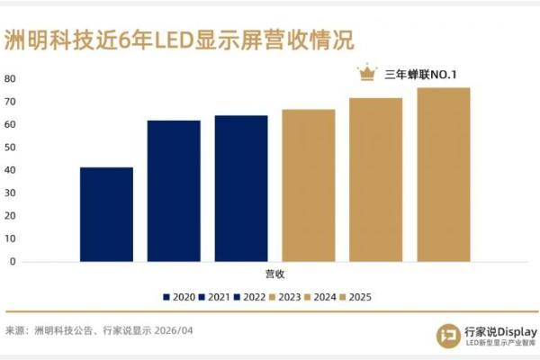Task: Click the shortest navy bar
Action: tap(106, 214)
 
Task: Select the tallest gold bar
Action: tap(443, 175)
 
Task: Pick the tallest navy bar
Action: tap(241, 188)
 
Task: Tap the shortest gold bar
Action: tap(308, 185)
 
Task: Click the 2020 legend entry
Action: tap(180, 297)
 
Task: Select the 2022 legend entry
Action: tap(252, 297)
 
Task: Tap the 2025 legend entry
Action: tap(358, 297)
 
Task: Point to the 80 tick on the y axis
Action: tap(10, 78)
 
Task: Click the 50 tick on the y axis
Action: tap(10, 147)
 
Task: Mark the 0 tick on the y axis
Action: tap(13, 261)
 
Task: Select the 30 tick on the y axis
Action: tap(10, 193)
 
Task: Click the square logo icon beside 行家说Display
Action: tap(446, 335)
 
